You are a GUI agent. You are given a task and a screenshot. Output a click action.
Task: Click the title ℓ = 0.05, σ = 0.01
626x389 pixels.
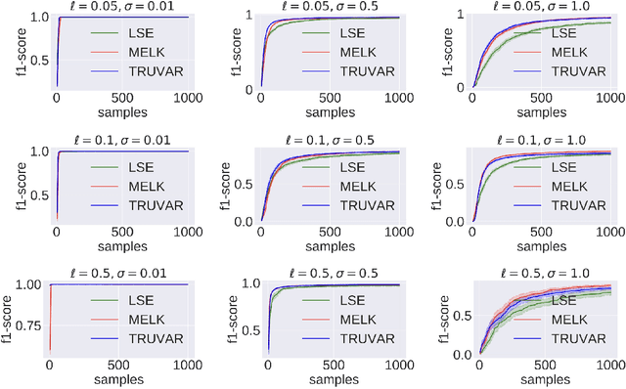[x=119, y=7]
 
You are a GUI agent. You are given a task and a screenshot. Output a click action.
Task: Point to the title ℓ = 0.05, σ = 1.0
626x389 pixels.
[x=542, y=7]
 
